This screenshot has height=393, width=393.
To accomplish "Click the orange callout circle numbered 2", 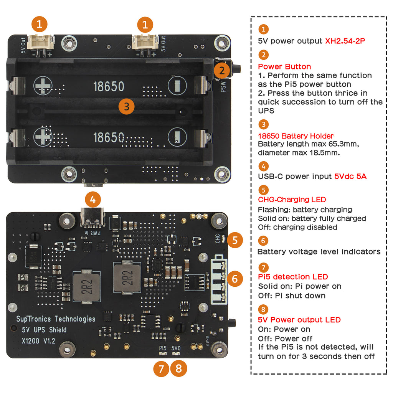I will coord(222,71).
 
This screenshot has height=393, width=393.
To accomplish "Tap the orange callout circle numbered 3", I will coord(127,106).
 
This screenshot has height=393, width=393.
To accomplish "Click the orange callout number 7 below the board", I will coord(162,369).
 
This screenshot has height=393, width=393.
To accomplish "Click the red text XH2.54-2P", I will coord(345,41).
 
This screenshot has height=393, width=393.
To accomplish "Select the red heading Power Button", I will coord(284,66).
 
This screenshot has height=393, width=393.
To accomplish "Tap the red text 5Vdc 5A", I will coord(350,176).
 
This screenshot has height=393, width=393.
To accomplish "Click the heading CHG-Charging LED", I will coord(292,200).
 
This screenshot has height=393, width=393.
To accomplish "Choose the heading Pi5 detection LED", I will coord(293,277).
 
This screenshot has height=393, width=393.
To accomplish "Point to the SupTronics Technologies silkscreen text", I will coord(56,319).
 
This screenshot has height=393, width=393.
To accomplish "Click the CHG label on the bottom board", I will coord(218,239).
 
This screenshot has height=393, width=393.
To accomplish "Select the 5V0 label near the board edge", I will coord(176,348).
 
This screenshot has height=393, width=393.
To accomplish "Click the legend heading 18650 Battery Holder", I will coord(296,136).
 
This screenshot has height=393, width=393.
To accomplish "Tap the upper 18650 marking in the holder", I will coord(109,86).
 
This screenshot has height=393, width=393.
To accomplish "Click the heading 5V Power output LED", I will coord(299,320).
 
